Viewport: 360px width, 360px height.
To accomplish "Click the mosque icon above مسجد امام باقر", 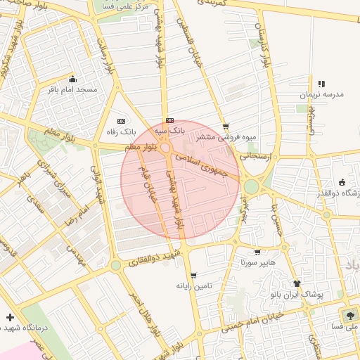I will [72, 79].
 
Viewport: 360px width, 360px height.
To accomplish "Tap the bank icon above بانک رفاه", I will [120, 120].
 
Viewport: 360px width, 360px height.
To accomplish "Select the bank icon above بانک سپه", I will [169, 120].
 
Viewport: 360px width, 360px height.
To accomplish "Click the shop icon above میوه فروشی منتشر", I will [225, 127].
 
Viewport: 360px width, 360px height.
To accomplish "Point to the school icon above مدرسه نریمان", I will [321, 84].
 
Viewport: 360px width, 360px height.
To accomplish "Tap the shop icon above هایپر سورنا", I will [257, 252].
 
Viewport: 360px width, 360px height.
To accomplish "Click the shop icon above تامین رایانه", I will [193, 275].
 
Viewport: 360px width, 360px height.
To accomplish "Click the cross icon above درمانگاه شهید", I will [9, 317].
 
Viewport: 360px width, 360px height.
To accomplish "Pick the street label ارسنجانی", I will [256, 156].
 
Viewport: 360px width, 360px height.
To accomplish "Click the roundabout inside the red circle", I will [165, 148].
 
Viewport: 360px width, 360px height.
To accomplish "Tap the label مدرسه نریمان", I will [321, 95].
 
